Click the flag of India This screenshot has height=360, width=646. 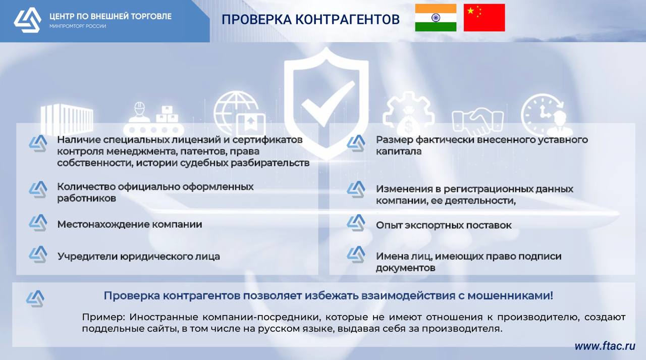[x=436, y=18]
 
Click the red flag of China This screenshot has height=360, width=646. [x=484, y=18]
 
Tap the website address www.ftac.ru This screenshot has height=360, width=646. [x=605, y=346]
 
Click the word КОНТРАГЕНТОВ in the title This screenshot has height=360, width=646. [x=348, y=20]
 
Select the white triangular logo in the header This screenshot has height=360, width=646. [x=28, y=20]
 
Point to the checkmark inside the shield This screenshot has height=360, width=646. [x=328, y=104]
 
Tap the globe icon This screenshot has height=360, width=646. [x=239, y=114]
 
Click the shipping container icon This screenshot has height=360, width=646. [x=67, y=119]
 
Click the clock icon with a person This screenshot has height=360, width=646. [x=547, y=115]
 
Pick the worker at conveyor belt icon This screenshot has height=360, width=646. [x=153, y=119]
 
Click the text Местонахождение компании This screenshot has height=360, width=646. [x=130, y=224]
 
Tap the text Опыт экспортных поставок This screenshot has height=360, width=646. [x=444, y=225]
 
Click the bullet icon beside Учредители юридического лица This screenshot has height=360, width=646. [x=38, y=254]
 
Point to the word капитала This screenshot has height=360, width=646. [x=399, y=151]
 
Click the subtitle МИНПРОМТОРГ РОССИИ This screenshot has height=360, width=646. [x=78, y=26]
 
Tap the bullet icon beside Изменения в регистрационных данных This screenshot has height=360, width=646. [x=356, y=189]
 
